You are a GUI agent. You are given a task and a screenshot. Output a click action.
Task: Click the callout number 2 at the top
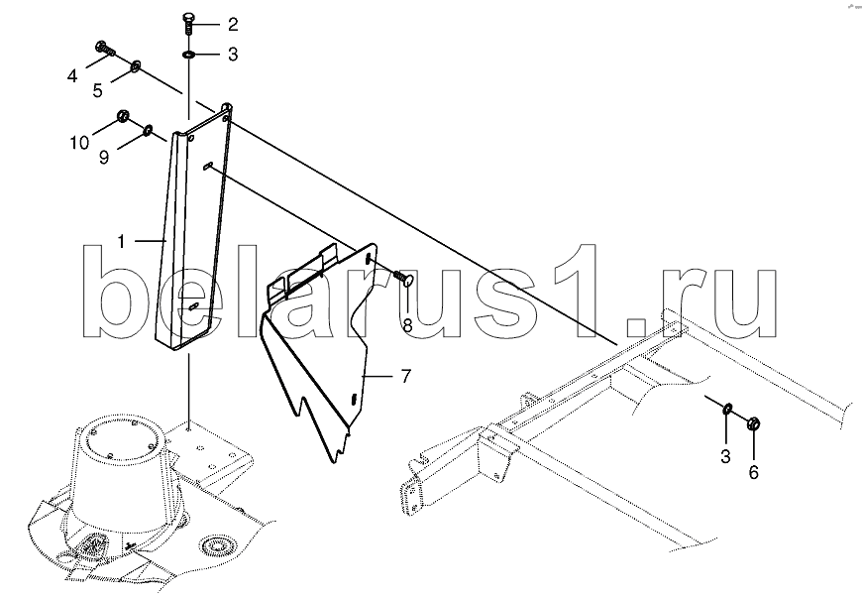232,23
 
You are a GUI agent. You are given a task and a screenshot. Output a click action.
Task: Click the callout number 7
405,376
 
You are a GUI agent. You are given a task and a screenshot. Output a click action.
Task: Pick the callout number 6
753,473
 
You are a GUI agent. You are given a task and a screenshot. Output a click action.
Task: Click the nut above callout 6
752,423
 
